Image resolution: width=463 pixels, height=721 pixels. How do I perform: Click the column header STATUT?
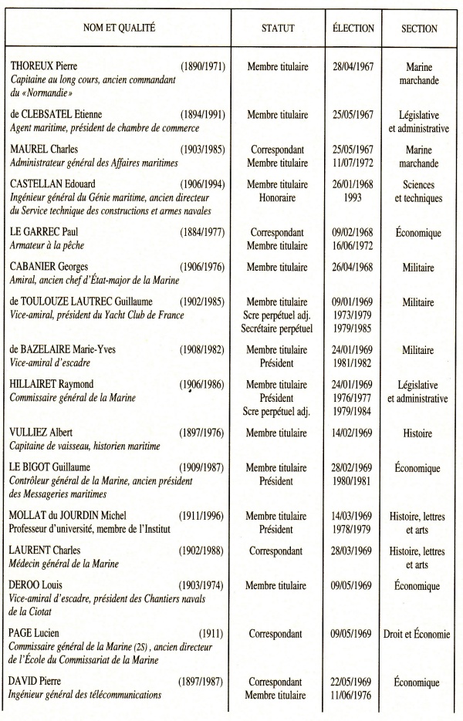pyautogui.click(x=278, y=29)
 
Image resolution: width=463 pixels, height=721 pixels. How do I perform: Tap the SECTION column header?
pyautogui.click(x=419, y=29)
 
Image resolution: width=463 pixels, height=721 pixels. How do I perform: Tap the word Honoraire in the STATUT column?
pyautogui.click(x=278, y=197)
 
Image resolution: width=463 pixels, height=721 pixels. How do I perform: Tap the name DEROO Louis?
pyautogui.click(x=39, y=585)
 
